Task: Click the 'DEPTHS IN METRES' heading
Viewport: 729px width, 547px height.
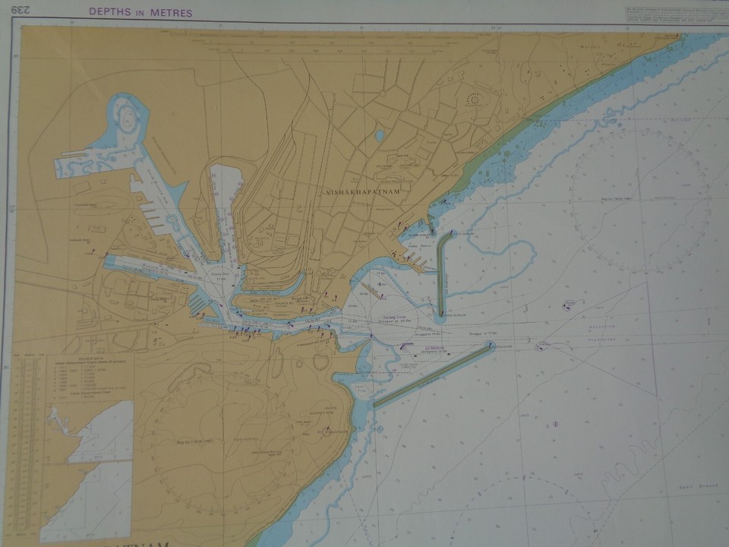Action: pos(140,12)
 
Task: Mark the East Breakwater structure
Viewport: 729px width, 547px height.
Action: pos(442,273)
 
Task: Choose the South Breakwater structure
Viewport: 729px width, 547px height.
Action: pos(433,376)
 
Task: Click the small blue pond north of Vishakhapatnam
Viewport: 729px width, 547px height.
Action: pos(380,136)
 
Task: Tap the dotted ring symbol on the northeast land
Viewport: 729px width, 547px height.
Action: pos(473,99)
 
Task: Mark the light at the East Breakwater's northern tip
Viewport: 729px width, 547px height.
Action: pos(453,233)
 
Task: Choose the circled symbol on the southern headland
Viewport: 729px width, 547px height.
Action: pos(327,432)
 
